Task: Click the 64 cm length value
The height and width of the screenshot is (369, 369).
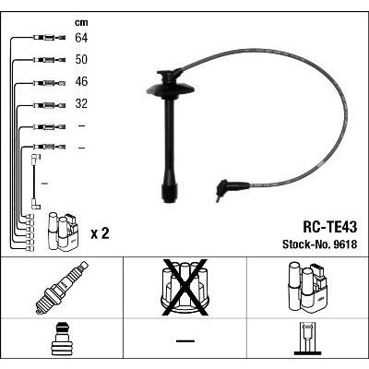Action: [81, 38]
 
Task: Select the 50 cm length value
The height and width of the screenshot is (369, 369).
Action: [81, 60]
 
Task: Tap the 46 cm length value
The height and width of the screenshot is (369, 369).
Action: [81, 81]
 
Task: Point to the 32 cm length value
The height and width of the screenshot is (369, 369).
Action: [81, 103]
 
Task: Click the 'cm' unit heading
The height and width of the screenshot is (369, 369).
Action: [81, 23]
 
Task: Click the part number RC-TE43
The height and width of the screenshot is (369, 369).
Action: [330, 227]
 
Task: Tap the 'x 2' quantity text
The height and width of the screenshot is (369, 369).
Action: [100, 234]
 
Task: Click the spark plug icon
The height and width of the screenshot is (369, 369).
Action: [62, 288]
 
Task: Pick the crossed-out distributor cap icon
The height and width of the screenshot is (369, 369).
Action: [184, 288]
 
